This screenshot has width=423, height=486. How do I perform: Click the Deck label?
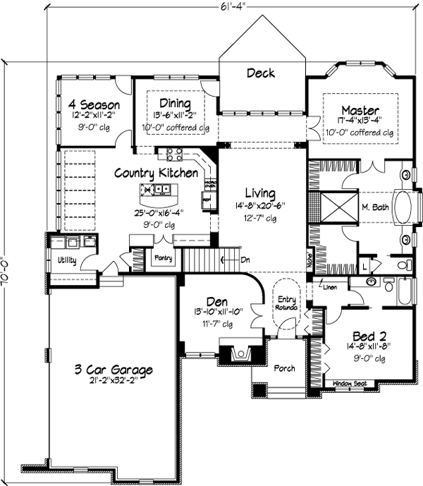260,73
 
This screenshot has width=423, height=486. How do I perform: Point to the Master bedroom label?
360,110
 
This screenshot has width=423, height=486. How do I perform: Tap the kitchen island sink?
161,189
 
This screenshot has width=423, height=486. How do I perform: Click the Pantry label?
164,258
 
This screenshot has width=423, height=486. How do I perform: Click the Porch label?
285,368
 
